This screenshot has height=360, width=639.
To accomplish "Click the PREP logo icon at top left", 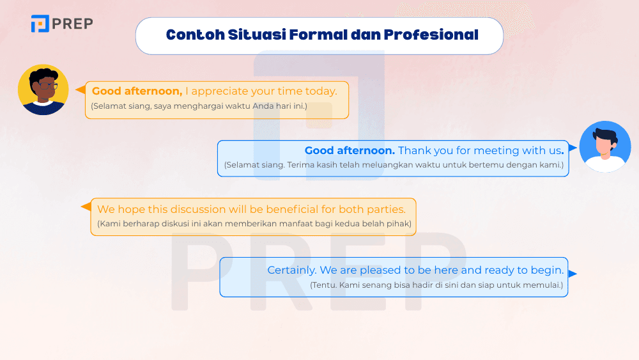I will (x=40, y=24).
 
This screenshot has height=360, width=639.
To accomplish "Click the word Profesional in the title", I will (x=431, y=35).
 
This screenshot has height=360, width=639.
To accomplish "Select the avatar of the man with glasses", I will (x=43, y=90).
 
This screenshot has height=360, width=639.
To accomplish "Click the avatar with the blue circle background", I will (x=604, y=146).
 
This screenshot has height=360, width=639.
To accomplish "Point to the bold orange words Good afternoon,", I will (x=137, y=91).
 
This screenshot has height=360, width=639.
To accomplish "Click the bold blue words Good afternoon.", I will (x=350, y=151).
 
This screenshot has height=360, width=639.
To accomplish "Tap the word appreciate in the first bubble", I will (x=222, y=91).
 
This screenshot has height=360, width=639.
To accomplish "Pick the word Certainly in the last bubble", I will (x=291, y=270).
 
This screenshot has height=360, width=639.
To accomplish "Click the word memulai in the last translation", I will (x=545, y=285).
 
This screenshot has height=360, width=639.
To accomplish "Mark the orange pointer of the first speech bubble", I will (x=81, y=90).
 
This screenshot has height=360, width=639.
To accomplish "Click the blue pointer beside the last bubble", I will (x=573, y=274).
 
